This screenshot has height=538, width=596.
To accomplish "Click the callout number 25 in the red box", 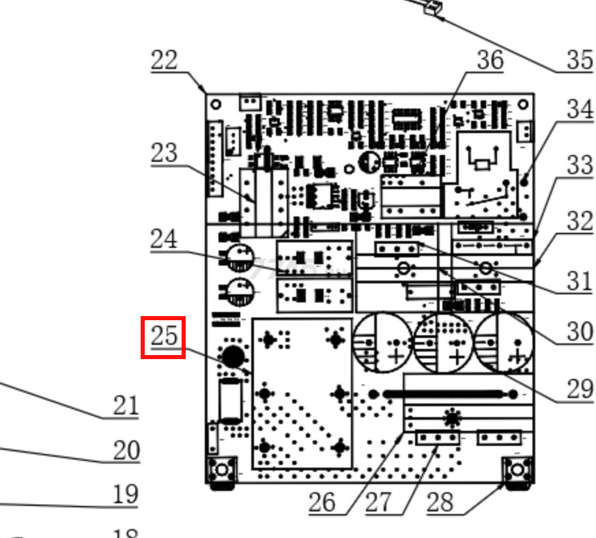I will [x=163, y=337].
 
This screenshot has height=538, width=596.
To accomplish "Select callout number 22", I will [x=164, y=60].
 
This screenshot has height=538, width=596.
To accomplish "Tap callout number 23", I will [x=164, y=153].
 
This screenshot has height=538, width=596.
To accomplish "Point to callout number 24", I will [x=164, y=239].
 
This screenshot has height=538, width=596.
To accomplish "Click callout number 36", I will [x=489, y=60].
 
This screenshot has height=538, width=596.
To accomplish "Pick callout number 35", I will [x=580, y=60].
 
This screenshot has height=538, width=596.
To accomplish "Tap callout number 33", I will [x=580, y=165].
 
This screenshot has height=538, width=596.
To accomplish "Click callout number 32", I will [x=580, y=221].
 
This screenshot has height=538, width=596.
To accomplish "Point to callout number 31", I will [x=580, y=281].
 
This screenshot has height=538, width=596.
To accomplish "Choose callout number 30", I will [x=580, y=331].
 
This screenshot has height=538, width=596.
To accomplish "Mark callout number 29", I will [x=580, y=388].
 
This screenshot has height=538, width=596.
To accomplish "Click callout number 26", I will [x=322, y=502].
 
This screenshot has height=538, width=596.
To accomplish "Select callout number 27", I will [x=378, y=502].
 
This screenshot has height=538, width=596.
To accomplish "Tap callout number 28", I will [x=440, y=502].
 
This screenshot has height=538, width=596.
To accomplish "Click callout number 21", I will [x=126, y=406].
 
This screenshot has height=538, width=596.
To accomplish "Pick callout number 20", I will [x=126, y=451].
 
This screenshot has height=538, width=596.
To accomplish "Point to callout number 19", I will [x=126, y=494].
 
